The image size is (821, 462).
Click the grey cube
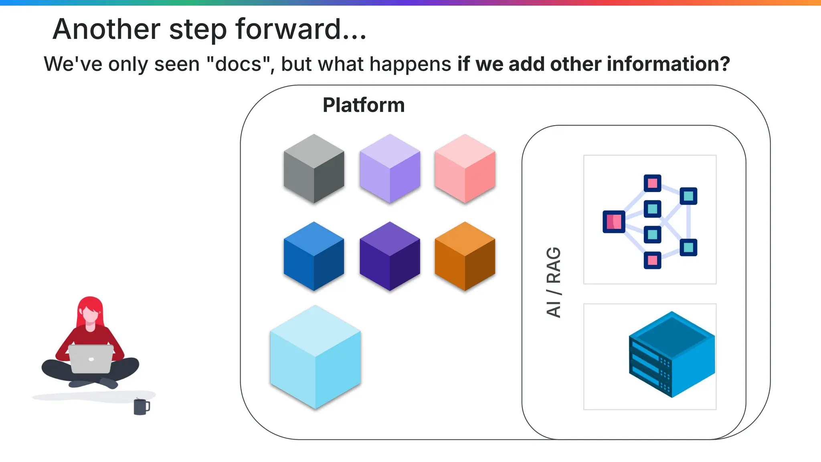314,169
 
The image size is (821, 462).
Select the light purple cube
390,169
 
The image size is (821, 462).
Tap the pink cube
465,169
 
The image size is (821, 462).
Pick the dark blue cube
314,256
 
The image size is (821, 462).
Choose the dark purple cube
390,256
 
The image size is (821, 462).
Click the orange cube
465,256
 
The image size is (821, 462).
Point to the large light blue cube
315,357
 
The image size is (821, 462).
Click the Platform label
364,105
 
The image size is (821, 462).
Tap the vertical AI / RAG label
554,282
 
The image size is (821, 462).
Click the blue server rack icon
671,355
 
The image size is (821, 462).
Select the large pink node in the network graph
614,221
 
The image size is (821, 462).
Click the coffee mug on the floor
141,407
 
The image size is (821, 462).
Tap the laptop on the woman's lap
91,358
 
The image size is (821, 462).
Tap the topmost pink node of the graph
652,183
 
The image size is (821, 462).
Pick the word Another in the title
107,29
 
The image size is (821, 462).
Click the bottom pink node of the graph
652,260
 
